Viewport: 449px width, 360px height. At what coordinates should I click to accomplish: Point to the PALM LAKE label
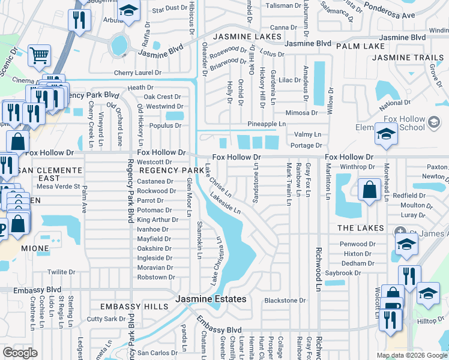[x=360, y=46]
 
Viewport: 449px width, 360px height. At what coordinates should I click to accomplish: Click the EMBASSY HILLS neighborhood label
[x=134, y=307]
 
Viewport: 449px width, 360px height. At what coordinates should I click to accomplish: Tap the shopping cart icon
[x=39, y=56]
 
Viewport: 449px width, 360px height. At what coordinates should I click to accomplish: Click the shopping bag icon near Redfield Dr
[x=367, y=190]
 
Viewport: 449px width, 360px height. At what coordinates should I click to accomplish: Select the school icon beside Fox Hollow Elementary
[x=385, y=134]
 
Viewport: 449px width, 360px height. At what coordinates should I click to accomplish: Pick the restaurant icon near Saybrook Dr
[x=409, y=275]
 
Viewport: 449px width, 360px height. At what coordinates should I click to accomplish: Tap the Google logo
[x=20, y=353]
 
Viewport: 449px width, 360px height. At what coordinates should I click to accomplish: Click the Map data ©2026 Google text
[x=412, y=355]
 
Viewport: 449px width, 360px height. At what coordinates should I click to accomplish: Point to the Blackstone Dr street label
[x=285, y=300]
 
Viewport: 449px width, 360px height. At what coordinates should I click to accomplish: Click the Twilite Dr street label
[x=61, y=272]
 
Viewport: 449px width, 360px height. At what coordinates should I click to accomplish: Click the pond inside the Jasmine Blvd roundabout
[x=119, y=44]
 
